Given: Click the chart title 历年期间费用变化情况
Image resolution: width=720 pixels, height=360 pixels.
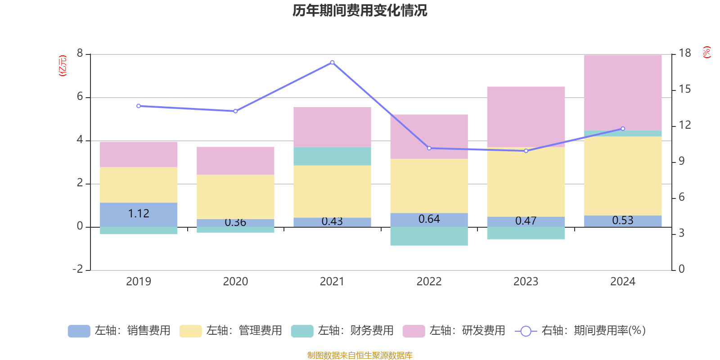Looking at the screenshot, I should pos(360,10).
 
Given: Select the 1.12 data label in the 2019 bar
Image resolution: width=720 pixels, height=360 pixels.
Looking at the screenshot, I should pos(139,213).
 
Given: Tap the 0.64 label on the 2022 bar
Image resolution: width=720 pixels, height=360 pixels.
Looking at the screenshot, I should pos(429,219).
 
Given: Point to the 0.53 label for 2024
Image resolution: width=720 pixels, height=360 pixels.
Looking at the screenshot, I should pos(623,220).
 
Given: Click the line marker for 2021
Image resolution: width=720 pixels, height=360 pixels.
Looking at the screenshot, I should pos(332,63).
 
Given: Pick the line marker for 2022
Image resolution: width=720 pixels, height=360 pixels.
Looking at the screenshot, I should pos(429,148).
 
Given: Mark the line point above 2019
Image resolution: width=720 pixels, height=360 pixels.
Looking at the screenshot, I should pos(139,106).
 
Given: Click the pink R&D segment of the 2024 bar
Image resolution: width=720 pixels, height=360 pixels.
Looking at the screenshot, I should pos(623,92).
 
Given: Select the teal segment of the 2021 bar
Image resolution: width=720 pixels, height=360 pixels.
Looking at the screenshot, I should pos(332,156).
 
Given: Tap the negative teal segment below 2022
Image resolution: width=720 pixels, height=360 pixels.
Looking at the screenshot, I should pos(429,236).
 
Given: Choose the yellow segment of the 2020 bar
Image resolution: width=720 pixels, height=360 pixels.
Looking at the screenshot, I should pos(235,197).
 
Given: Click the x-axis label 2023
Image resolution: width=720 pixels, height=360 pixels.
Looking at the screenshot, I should pos(526,282).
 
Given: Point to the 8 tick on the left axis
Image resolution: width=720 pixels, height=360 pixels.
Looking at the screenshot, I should pos(80,54).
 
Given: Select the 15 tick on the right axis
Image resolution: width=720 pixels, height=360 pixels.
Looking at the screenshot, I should pos(684,89).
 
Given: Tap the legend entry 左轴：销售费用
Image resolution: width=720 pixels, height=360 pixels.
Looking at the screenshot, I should pos(120,331).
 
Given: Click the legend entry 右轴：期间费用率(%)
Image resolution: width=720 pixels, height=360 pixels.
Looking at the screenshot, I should pos(580,331).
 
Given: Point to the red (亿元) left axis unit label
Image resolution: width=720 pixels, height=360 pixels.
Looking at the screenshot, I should pos(63,66).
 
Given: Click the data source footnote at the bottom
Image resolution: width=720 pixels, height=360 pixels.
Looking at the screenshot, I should pos(360,355).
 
